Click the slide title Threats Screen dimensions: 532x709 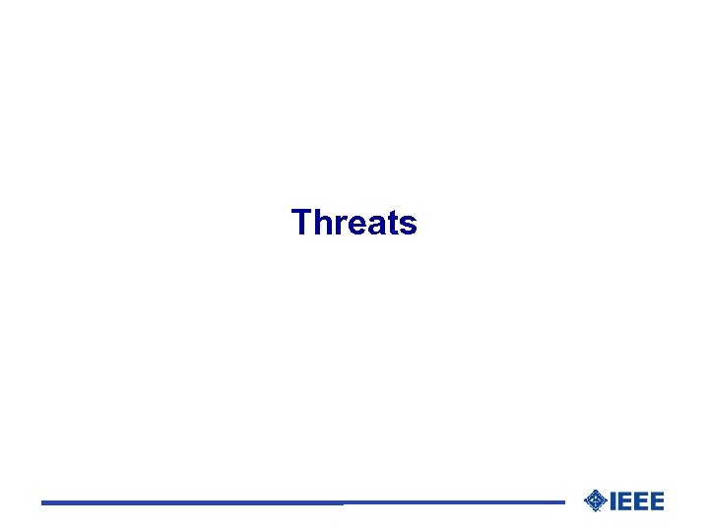[354, 223]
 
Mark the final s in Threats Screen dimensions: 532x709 [407, 226]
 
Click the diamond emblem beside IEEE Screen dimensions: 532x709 [595, 501]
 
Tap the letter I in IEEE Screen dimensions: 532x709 [613, 501]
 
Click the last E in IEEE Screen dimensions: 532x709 [656, 501]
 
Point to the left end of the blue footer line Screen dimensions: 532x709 [43, 503]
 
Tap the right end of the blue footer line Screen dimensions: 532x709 [563, 502]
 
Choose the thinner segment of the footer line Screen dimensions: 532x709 [453, 502]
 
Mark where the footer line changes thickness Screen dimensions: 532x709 [344, 503]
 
